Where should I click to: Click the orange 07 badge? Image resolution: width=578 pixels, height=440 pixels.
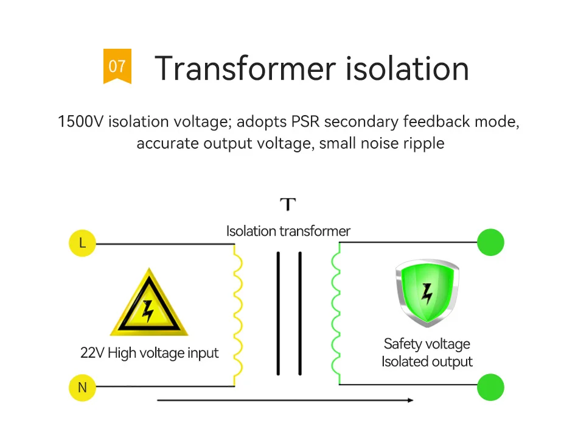click(x=117, y=65)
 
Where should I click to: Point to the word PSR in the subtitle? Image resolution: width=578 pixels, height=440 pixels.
click(x=305, y=122)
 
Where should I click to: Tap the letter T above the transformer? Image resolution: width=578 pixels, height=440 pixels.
click(x=288, y=204)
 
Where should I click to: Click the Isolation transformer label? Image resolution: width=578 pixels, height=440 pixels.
click(x=288, y=231)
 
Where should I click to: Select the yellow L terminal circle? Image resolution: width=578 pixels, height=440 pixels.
click(x=83, y=244)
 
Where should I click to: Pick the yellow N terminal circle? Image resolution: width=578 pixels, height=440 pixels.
click(x=82, y=388)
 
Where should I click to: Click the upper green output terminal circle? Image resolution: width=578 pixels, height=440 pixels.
click(x=490, y=243)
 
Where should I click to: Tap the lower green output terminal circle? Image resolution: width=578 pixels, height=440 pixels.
click(x=490, y=387)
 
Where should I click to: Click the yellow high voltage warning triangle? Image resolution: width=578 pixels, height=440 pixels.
click(x=148, y=308)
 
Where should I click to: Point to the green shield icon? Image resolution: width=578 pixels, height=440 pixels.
click(x=427, y=293)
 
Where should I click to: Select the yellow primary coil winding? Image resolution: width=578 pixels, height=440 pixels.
click(x=238, y=314)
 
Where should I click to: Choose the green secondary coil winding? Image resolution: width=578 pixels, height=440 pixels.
click(x=335, y=314)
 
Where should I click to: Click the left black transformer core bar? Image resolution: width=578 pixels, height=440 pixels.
click(x=278, y=314)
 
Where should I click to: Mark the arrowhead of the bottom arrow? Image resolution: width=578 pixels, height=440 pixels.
click(x=411, y=400)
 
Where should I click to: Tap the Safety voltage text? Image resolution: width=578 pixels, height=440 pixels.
click(x=427, y=344)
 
